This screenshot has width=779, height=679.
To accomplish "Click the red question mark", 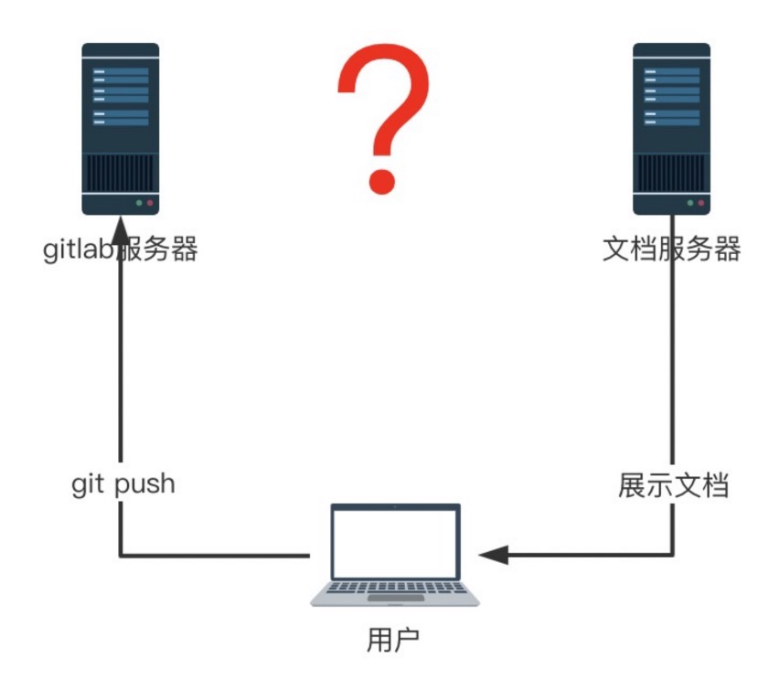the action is [x=383, y=119].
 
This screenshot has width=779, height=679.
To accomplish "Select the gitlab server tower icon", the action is [x=121, y=129].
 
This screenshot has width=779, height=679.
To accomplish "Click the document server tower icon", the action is [x=672, y=129].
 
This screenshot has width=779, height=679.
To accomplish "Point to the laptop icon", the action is [x=395, y=555].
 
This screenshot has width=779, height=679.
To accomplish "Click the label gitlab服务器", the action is [x=121, y=249].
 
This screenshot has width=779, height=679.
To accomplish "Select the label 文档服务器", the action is [x=672, y=249].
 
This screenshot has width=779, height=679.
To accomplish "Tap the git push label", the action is [x=123, y=484].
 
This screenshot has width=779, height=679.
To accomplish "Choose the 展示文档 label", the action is [x=674, y=485].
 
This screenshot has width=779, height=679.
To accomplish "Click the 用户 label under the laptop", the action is [x=393, y=640].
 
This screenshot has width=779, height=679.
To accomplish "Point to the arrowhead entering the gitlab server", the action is [x=121, y=230].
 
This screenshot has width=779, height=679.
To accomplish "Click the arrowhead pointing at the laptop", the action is [x=494, y=555].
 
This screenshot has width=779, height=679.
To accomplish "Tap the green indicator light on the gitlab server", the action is [x=139, y=203].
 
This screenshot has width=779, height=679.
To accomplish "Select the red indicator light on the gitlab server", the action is [x=150, y=203].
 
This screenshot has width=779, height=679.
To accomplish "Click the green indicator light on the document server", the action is [x=690, y=203].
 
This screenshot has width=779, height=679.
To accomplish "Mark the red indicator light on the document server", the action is [x=701, y=203].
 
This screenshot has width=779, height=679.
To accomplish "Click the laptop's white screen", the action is [x=395, y=544].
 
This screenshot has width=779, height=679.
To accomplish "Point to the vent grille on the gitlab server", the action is [x=121, y=173].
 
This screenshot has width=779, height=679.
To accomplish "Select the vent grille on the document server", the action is [x=672, y=173].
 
